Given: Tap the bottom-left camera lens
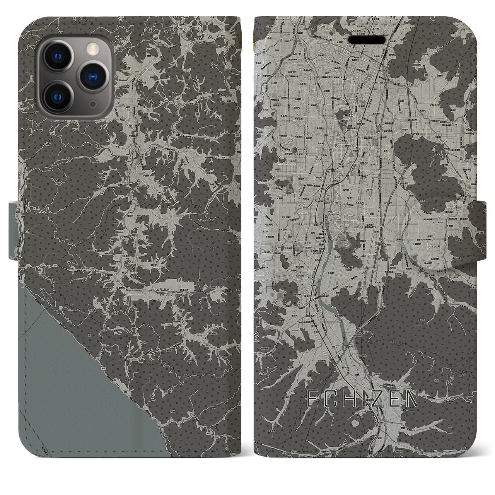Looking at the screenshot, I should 60,95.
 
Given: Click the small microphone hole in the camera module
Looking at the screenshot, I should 93,104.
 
